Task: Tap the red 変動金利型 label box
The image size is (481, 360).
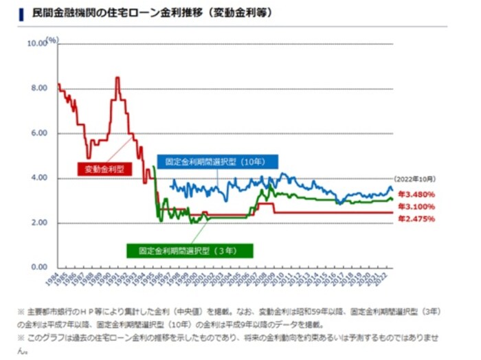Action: [104, 168]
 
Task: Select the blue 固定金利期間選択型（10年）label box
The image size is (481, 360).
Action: [217, 162]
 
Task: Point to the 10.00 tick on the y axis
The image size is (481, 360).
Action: [36, 43]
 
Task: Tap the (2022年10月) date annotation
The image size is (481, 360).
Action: [417, 181]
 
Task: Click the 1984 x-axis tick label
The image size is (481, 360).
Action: [53, 278]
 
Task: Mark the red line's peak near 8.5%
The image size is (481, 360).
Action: [118, 78]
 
